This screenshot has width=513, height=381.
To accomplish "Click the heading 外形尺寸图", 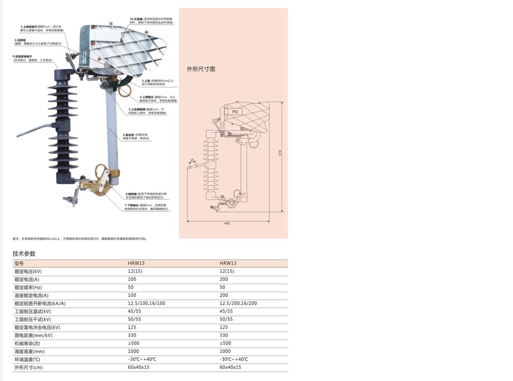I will click(x=201, y=69).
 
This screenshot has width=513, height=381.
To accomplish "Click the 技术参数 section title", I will click(x=24, y=254).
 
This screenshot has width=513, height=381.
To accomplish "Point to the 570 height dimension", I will click(x=280, y=152).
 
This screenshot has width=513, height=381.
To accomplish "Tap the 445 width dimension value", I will click(x=227, y=224).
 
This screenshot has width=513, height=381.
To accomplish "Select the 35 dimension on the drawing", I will click(x=192, y=160).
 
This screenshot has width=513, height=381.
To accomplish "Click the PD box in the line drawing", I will click(x=235, y=112).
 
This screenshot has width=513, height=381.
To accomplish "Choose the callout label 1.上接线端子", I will click(x=29, y=27).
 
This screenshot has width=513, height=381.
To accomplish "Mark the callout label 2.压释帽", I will click(x=21, y=40).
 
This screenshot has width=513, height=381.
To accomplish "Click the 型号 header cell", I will click(x=19, y=264).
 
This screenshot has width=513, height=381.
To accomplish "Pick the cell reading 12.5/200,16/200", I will click(x=238, y=304).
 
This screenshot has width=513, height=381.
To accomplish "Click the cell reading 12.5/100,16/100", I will click(x=146, y=304).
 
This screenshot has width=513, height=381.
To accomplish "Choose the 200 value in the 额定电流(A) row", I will click(x=224, y=279).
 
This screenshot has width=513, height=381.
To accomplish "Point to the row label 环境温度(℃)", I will click(x=28, y=359).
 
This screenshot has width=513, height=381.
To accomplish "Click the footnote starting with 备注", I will click(x=79, y=239).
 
